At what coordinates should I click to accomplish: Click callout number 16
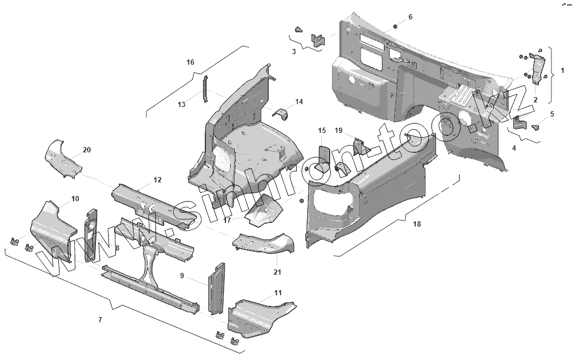pos(190,62)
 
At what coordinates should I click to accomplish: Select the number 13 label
pos(182,105)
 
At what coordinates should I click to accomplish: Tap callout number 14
pos(299,102)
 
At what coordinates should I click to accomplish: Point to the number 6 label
pos(410,16)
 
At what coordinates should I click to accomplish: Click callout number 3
pos(294,52)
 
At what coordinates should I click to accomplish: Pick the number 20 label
pos(87,150)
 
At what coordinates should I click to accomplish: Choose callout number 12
pos(157,179)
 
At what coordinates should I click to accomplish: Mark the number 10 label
pos(75,199)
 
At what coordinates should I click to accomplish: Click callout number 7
pos(100,319)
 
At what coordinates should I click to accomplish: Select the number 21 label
pos(277,272)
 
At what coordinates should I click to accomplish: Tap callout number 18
pos(417,224)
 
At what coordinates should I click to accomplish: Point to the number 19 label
pos(338,130)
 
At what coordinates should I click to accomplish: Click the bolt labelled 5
pos(537,126)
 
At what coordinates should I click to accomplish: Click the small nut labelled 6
pos(395,26)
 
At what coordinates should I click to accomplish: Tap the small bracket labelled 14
pos(281,113)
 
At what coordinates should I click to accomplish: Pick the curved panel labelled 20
pos(64,158)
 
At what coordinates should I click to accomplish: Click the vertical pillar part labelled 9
pos(217,288)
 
